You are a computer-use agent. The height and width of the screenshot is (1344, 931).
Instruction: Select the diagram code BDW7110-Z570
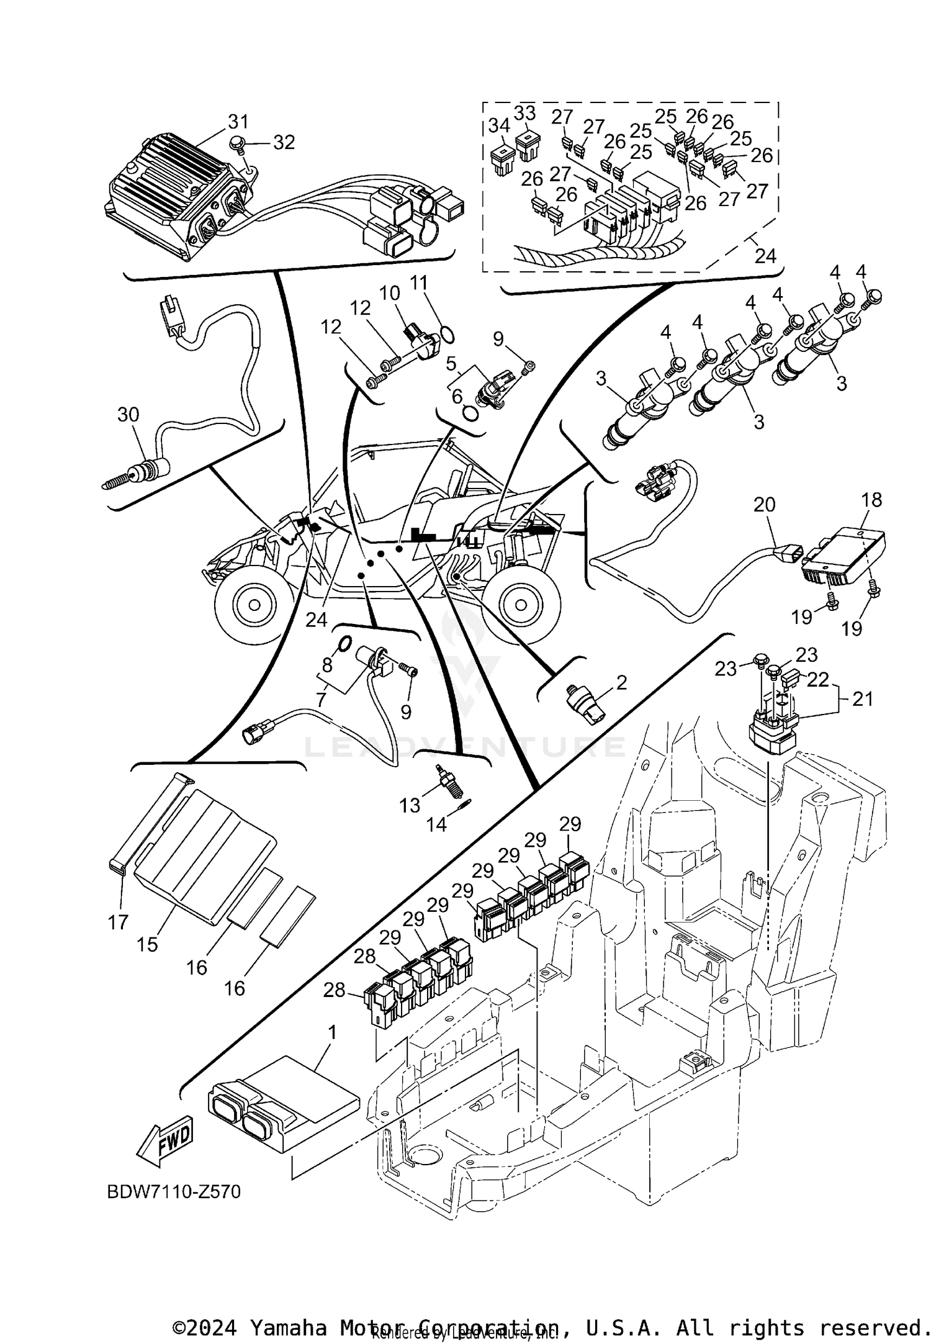174,1192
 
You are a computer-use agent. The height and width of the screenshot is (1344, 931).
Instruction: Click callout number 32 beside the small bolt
284,142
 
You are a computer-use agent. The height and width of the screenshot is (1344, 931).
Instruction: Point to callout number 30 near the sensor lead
128,414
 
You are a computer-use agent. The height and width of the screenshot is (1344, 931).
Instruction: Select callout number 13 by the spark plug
410,805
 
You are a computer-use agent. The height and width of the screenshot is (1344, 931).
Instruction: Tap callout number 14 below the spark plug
436,825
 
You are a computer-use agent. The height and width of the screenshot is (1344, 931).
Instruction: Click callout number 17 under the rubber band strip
118,922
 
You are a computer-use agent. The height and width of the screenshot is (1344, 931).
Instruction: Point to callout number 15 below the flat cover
148,944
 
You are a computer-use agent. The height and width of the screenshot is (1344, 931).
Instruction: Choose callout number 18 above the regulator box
872,500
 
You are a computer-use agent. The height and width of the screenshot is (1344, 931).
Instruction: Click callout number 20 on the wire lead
765,504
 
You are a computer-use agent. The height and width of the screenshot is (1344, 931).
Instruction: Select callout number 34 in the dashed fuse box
498,125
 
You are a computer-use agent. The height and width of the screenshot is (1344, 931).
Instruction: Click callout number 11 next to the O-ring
419,283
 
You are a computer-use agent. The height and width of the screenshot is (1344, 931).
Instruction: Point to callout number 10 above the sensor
390,292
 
